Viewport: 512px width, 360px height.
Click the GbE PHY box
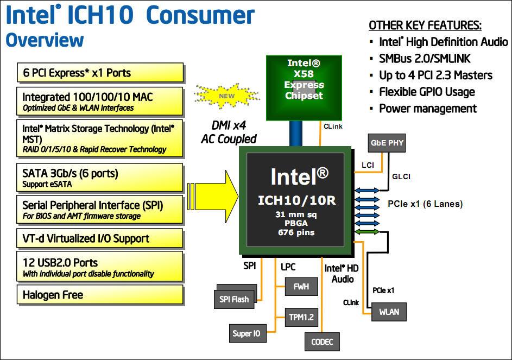[x=386, y=143]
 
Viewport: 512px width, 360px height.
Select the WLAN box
[x=388, y=312]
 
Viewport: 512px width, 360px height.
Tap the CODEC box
[x=322, y=342]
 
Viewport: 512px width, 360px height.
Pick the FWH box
[x=301, y=286]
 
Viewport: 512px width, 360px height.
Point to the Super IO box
[x=246, y=333]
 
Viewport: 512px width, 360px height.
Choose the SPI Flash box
[x=234, y=299]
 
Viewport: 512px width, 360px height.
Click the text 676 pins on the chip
[x=296, y=232]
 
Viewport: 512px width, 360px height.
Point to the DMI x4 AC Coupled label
[x=229, y=132]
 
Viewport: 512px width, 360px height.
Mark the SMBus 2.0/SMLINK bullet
[x=425, y=58]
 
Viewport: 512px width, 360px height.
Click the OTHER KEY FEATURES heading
[x=425, y=26]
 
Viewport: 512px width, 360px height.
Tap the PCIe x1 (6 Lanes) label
[x=425, y=204]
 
